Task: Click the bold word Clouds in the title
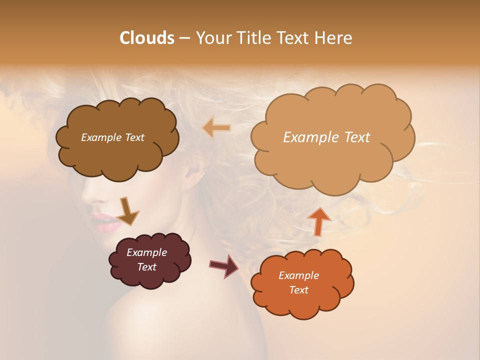(x=146, y=38)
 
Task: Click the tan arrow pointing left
(x=216, y=128)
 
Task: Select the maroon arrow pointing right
(x=224, y=265)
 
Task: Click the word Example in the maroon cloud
(x=146, y=252)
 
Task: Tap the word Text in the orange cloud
(x=298, y=290)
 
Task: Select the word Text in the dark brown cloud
(x=133, y=137)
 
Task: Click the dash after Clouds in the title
(x=183, y=38)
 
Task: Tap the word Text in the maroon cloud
(x=146, y=267)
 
